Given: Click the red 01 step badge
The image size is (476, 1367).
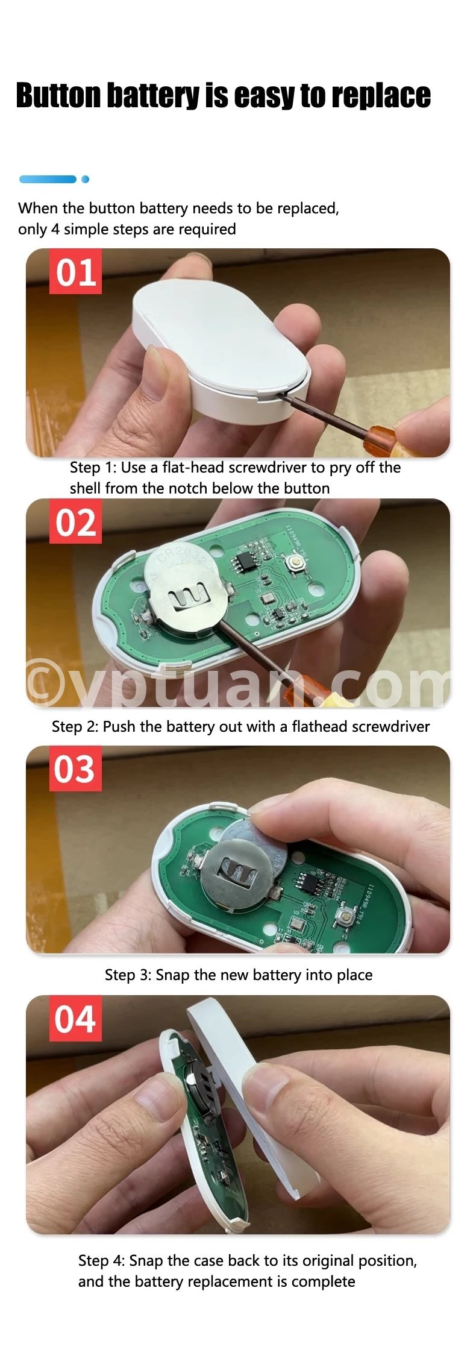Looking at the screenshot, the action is (75, 272).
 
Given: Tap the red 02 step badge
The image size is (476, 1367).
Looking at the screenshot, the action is (75, 522).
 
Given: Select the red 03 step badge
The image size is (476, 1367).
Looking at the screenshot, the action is (75, 769).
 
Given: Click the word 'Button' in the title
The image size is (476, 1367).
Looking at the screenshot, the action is (58, 95).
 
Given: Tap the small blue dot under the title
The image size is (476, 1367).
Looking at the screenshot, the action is (85, 179).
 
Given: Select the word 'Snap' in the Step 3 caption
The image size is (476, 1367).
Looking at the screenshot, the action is (173, 975).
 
